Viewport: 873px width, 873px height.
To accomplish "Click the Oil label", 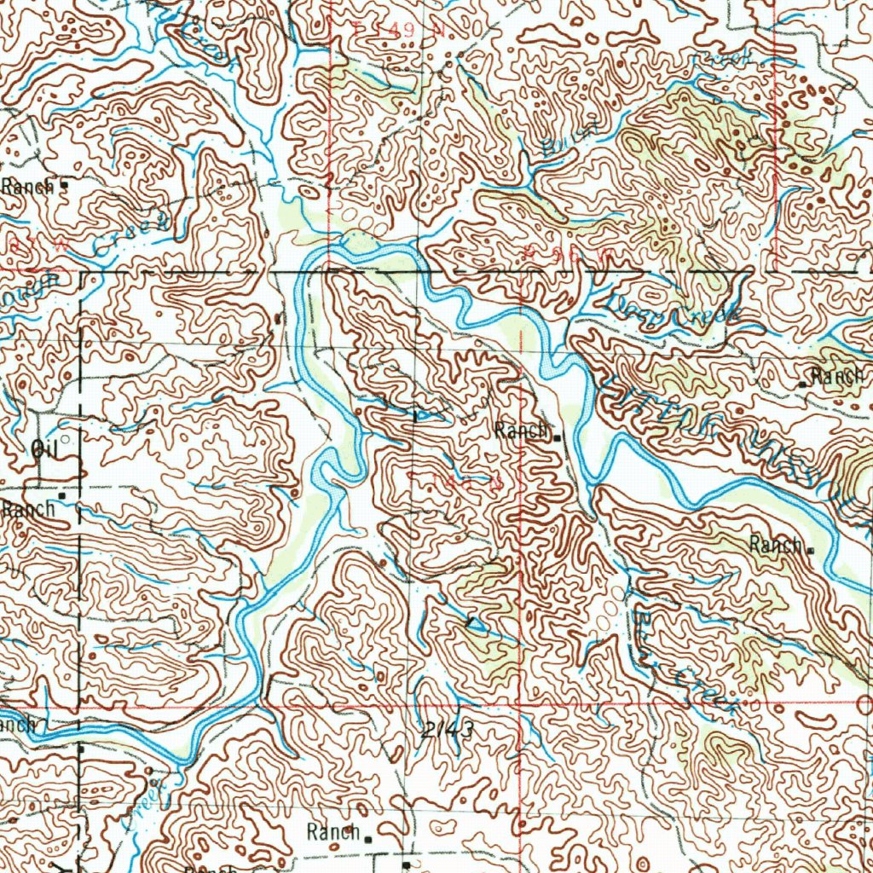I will click(42, 449).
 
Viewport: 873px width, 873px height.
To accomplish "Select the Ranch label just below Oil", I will click(27, 509).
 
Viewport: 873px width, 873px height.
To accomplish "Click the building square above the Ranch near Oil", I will click(62, 494).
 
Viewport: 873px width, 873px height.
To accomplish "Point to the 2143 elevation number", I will click(447, 730).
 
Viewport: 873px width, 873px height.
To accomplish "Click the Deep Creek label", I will click(674, 310).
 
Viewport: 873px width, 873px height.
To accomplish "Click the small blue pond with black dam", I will click(476, 626).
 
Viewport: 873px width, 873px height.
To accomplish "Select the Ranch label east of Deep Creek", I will click(837, 375).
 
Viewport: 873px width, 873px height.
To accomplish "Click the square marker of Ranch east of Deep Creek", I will click(802, 385).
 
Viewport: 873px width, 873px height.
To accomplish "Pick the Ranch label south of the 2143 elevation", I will click(333, 832).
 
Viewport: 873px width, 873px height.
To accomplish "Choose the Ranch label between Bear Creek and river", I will click(776, 545).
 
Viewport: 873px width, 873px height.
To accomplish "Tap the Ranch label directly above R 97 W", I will click(27, 185).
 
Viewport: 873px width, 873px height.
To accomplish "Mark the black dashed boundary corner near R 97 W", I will click(82, 273).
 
